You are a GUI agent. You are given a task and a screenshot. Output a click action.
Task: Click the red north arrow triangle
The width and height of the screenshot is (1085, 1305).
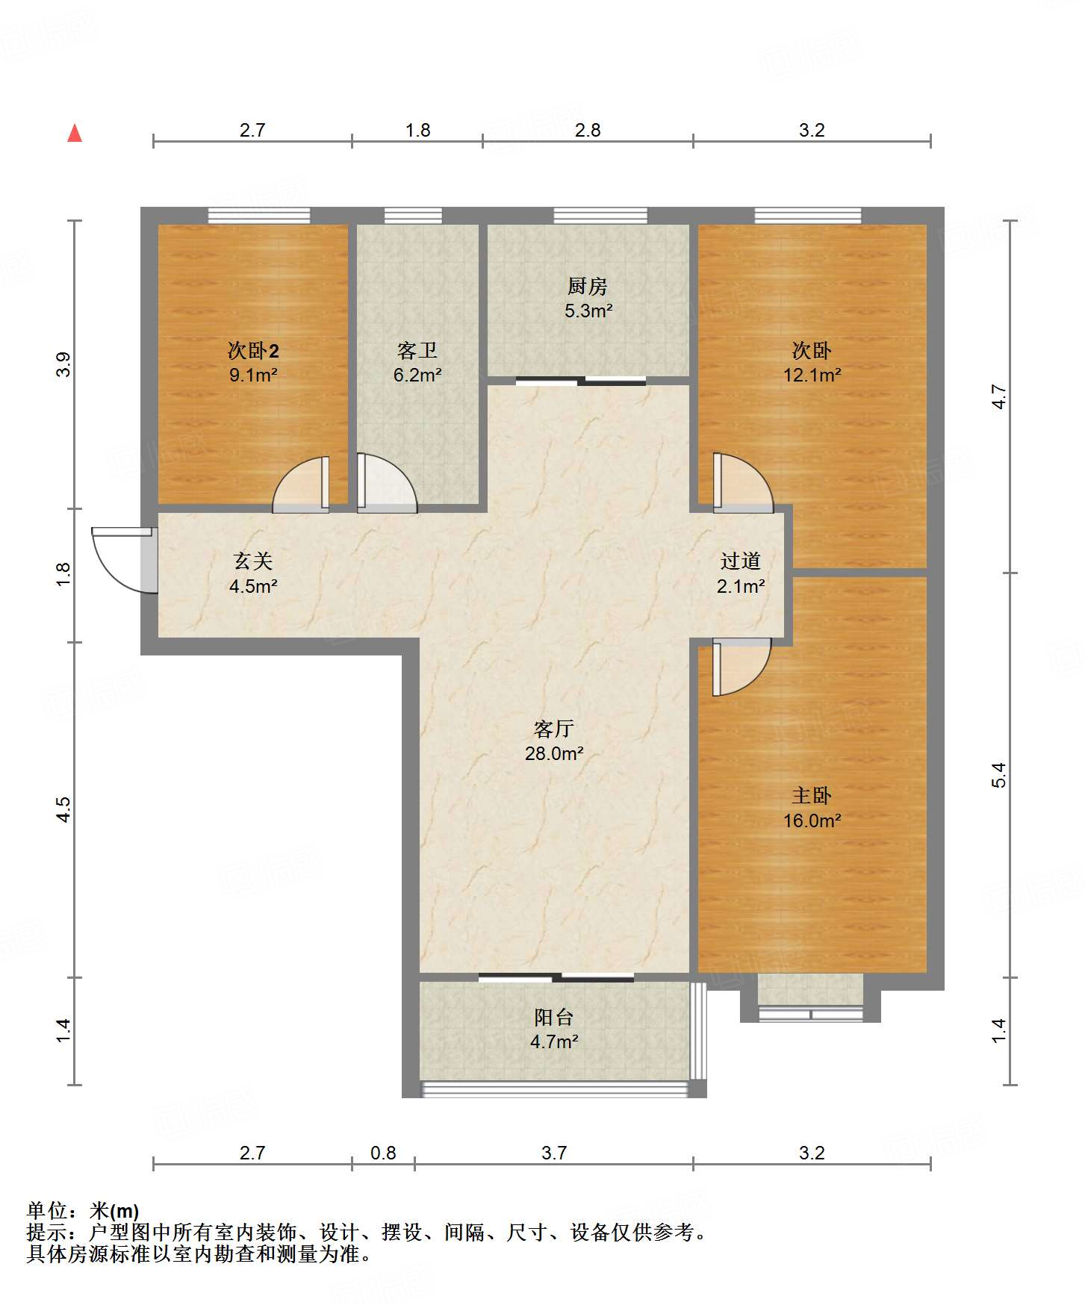click(x=75, y=133)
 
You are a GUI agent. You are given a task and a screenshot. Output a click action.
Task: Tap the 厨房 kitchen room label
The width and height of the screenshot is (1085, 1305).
click(x=588, y=286)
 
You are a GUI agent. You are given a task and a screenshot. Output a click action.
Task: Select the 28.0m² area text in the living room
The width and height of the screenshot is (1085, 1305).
click(x=554, y=753)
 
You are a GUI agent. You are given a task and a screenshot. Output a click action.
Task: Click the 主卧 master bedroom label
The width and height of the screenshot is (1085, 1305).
click(x=812, y=795)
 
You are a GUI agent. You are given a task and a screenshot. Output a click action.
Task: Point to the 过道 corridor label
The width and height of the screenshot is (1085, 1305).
click(x=741, y=561)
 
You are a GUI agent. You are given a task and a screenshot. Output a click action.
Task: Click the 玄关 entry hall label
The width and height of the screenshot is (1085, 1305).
click(x=253, y=561)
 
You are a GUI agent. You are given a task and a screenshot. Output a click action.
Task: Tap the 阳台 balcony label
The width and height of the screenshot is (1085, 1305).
click(x=554, y=1017)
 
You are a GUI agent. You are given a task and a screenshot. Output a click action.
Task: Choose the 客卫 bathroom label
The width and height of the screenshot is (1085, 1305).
click(x=417, y=350)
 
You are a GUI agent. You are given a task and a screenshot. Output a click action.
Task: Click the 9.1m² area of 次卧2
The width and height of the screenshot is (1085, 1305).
click(x=253, y=375)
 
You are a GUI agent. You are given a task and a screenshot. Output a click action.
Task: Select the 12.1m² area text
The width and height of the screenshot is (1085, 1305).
click(x=812, y=375)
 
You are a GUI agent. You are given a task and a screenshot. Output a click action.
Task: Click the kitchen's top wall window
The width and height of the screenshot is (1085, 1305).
click(x=600, y=216)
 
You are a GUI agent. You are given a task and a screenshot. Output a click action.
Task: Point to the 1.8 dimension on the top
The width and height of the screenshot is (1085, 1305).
click(x=417, y=130)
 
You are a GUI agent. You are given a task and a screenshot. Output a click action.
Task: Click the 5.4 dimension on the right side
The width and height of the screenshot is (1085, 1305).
click(x=999, y=775)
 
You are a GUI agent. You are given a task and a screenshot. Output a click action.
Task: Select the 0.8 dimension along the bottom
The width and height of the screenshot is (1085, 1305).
click(x=383, y=1153)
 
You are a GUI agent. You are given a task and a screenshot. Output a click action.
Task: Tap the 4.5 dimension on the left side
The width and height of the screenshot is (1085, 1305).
click(x=63, y=809)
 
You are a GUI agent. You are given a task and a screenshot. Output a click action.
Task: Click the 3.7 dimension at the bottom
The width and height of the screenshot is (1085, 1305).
click(x=554, y=1153)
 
